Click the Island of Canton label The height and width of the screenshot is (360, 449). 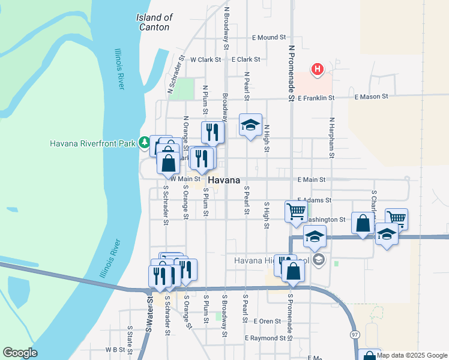[155, 22]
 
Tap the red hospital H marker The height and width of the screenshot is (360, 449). [318, 70]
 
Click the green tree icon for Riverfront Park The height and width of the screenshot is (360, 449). [144, 143]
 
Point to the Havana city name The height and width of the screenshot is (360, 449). [224, 180]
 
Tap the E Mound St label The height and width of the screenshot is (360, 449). [268, 37]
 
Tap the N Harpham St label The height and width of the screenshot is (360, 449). [330, 134]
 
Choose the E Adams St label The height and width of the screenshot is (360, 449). [315, 200]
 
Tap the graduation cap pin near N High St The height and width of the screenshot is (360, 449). [251, 125]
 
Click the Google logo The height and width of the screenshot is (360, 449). [20, 353]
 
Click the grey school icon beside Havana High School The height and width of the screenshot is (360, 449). [319, 260]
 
